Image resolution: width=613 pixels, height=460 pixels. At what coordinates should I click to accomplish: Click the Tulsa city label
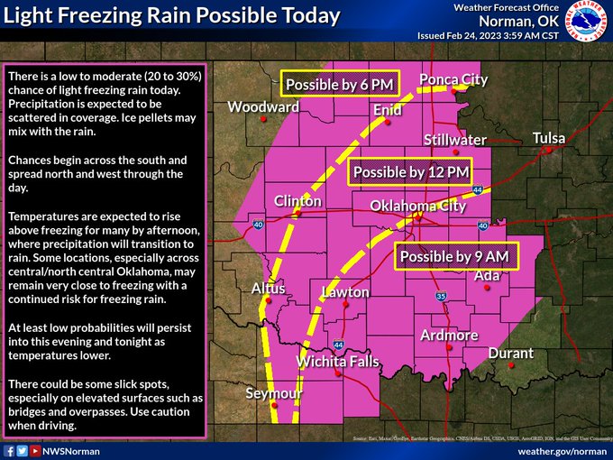(x=549, y=138)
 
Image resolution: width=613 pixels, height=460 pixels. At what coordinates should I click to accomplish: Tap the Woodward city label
(x=263, y=107)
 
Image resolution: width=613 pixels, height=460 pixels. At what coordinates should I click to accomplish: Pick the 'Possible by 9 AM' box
(x=454, y=256)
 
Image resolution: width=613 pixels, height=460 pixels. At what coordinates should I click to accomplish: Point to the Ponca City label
(x=453, y=80)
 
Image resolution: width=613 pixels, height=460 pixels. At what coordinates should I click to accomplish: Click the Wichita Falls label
(x=338, y=363)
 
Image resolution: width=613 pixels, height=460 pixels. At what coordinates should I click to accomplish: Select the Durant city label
(x=510, y=354)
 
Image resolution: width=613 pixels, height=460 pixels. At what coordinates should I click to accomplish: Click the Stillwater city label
(x=455, y=140)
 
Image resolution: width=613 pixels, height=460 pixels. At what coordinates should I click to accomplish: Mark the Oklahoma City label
(x=418, y=207)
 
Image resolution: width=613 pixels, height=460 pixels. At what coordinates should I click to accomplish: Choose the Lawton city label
(x=345, y=292)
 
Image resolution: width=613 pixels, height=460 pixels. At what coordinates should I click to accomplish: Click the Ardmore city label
(x=449, y=336)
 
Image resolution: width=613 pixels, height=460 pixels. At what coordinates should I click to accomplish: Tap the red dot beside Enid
(x=388, y=123)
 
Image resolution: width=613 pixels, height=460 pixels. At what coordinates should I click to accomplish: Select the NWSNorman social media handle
(x=72, y=450)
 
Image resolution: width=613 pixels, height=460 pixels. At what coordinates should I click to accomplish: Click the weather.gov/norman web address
(x=562, y=450)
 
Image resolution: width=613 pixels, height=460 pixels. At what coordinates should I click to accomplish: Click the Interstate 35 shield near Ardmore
(x=441, y=296)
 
